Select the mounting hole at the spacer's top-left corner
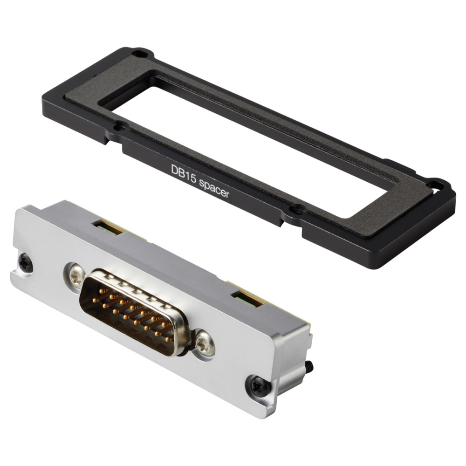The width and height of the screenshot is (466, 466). pyautogui.click(x=138, y=54)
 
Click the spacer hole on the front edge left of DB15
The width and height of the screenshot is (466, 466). pyautogui.click(x=120, y=127)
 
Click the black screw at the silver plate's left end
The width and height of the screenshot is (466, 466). pyautogui.click(x=25, y=262)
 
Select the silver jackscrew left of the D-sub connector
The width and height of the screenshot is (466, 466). pyautogui.click(x=76, y=275)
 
